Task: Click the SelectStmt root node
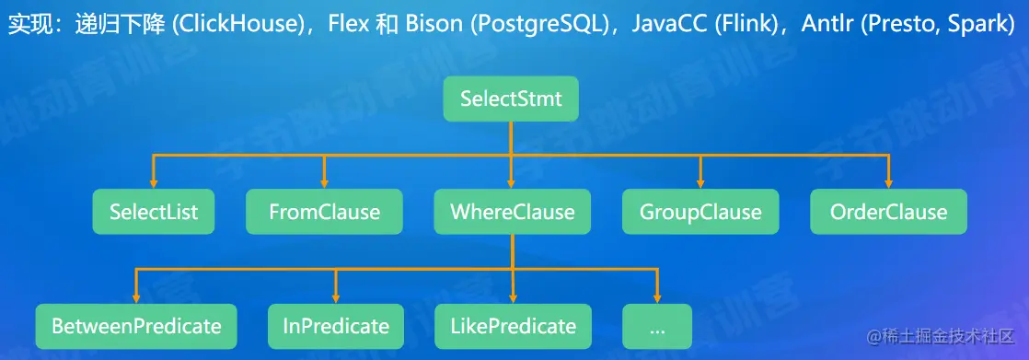tap(511, 99)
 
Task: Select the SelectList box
tap(154, 212)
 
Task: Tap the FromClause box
tap(324, 212)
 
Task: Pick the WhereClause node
tap(512, 212)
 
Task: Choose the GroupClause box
tap(700, 212)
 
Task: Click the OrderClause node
tap(888, 212)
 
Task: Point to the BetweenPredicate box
tap(136, 326)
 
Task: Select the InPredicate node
tap(335, 326)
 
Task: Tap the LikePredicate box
tap(513, 326)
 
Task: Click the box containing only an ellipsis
tap(657, 326)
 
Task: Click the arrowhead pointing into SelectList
tap(154, 182)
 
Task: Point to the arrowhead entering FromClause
tap(324, 182)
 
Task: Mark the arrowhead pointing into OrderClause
tap(888, 182)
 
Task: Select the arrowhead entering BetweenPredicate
tap(136, 297)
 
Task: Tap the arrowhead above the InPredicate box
tap(335, 297)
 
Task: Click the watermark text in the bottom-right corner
tap(941, 337)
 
